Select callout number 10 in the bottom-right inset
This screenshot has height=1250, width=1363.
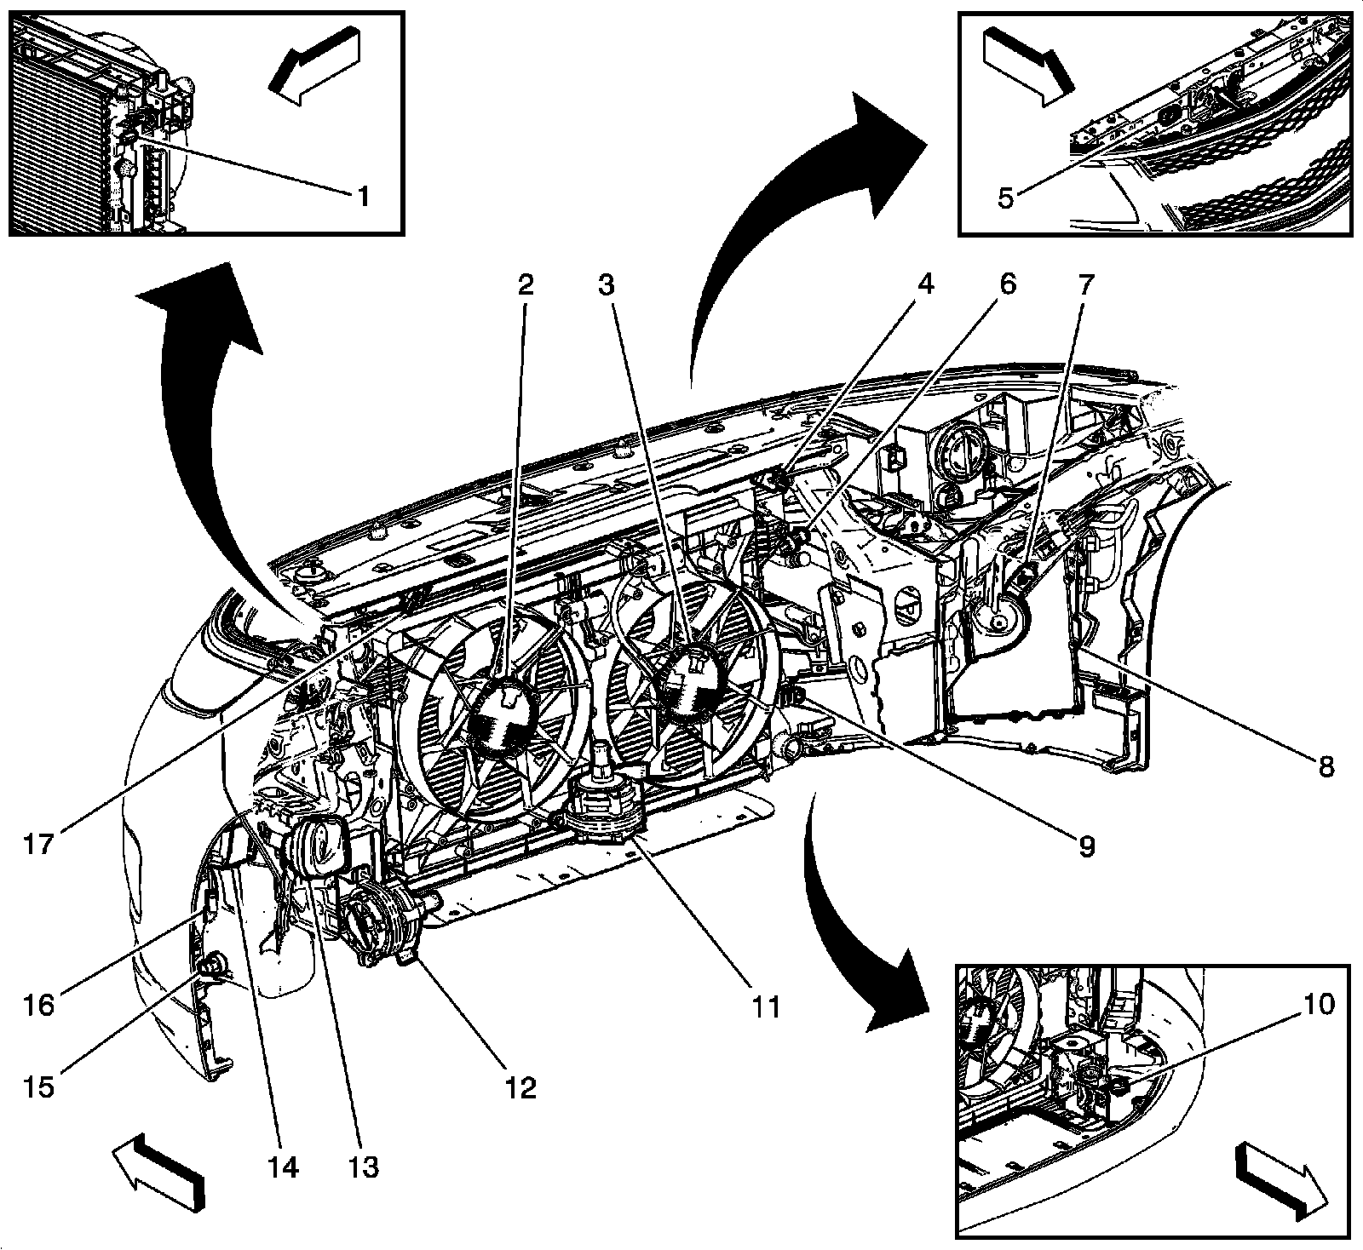[1316, 1005]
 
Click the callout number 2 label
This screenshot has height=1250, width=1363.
[526, 285]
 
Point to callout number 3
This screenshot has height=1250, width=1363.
[605, 285]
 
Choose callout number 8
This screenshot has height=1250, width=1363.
[1325, 767]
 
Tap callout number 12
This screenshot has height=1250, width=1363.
[520, 1087]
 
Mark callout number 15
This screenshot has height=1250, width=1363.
[40, 1087]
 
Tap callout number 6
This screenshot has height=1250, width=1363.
[1007, 285]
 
